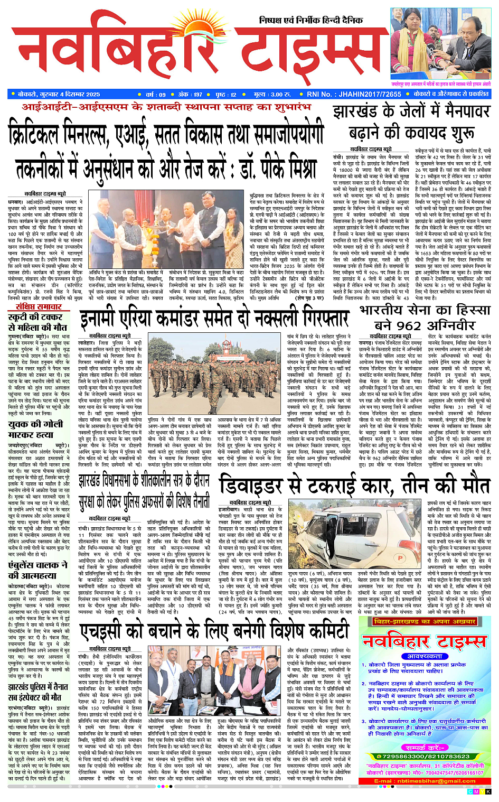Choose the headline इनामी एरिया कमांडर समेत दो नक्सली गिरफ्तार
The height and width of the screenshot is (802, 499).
point(214,319)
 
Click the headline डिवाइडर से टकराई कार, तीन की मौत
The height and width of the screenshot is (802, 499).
point(354,484)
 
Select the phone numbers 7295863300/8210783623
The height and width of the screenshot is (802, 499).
point(425,757)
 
